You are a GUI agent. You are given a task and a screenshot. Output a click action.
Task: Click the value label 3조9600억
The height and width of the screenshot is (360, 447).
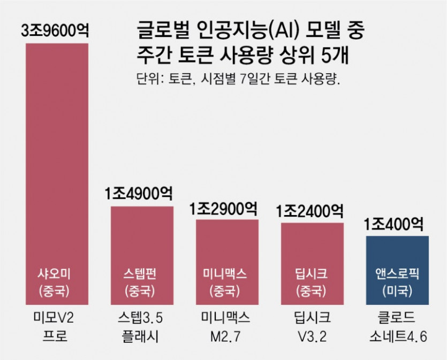tap(57, 30)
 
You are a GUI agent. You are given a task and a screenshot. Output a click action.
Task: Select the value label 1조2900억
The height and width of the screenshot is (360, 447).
tap(227, 208)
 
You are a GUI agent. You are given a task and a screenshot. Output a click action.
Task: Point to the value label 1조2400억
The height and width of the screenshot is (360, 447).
tap(312, 210)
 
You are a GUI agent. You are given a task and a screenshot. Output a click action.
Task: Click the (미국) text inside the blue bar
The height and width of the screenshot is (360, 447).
tap(397, 292)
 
